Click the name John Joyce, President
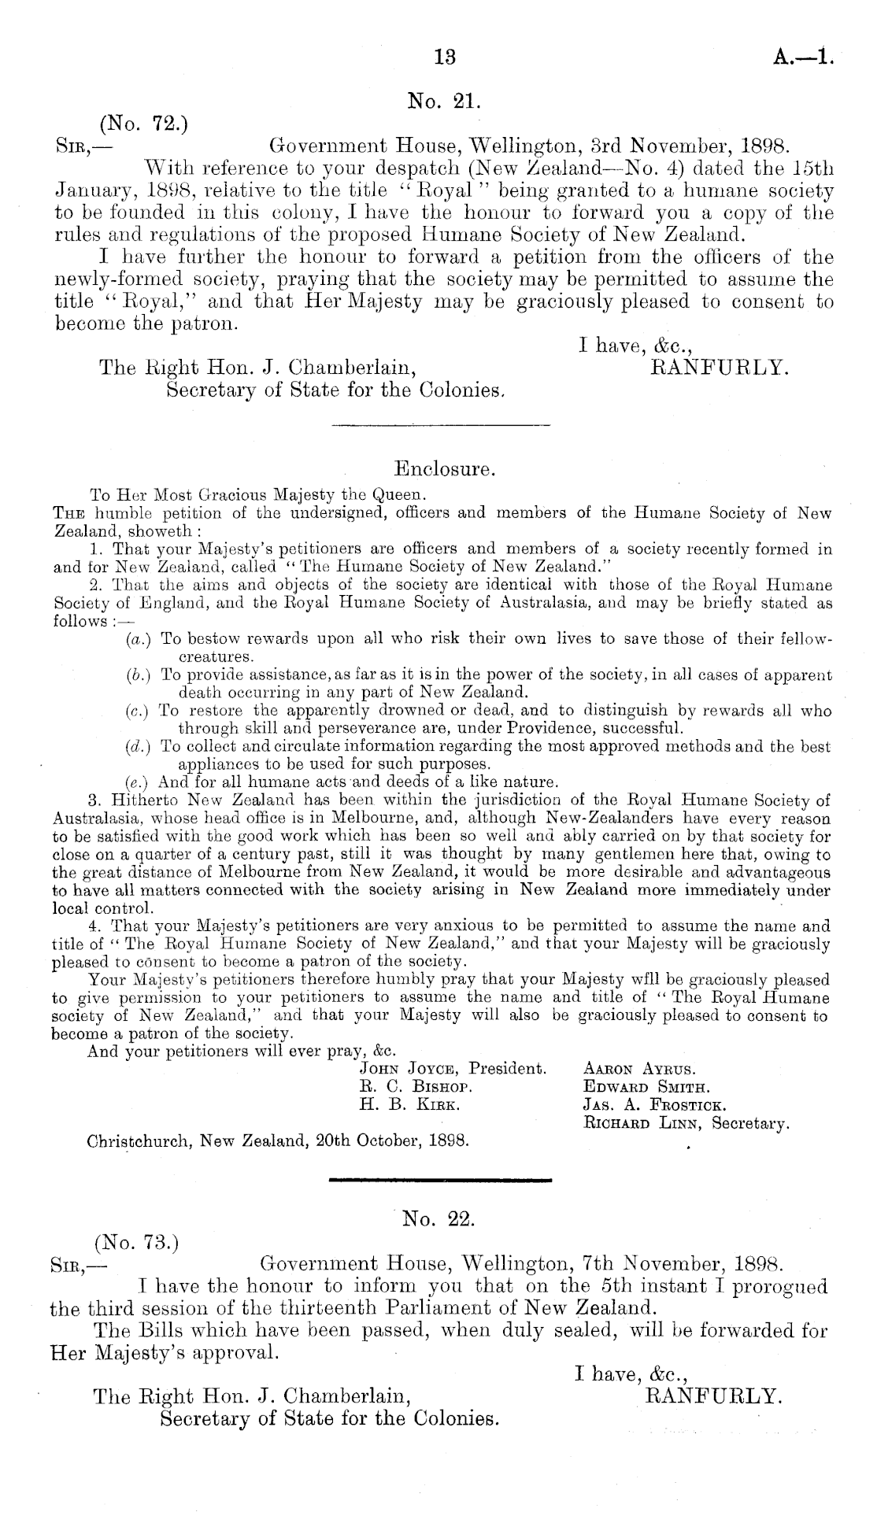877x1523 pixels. click(x=452, y=1069)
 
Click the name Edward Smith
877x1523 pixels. click(x=646, y=1088)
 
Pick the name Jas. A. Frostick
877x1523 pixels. click(x=653, y=1105)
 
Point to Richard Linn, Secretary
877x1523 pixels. click(x=686, y=1123)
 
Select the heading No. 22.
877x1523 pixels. click(x=438, y=1219)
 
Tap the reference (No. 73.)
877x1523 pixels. click(x=137, y=1244)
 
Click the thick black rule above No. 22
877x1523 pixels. click(x=439, y=1180)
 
